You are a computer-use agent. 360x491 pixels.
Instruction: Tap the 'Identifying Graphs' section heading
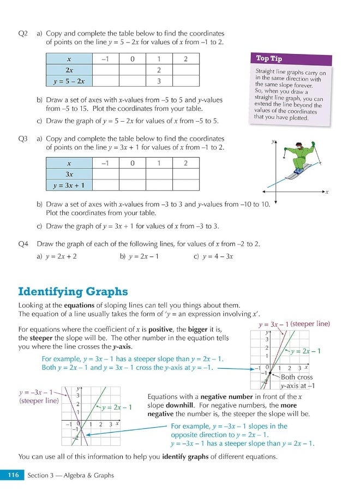[73, 291]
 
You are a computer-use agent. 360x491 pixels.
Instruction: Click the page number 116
[13, 475]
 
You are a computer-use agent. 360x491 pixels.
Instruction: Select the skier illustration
[300, 158]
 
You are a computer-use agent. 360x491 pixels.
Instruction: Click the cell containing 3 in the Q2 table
[158, 81]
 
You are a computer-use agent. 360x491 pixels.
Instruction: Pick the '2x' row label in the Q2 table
[69, 70]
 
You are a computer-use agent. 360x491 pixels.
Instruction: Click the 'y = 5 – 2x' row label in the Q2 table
[69, 81]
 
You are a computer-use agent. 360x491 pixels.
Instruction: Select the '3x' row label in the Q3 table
[69, 174]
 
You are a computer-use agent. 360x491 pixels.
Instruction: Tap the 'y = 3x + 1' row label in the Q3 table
[69, 185]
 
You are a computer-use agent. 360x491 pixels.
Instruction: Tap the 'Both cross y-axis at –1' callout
[297, 381]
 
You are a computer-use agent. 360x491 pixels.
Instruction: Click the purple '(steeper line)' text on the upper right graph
[310, 324]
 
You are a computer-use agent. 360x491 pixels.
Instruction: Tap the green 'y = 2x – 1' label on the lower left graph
[117, 407]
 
